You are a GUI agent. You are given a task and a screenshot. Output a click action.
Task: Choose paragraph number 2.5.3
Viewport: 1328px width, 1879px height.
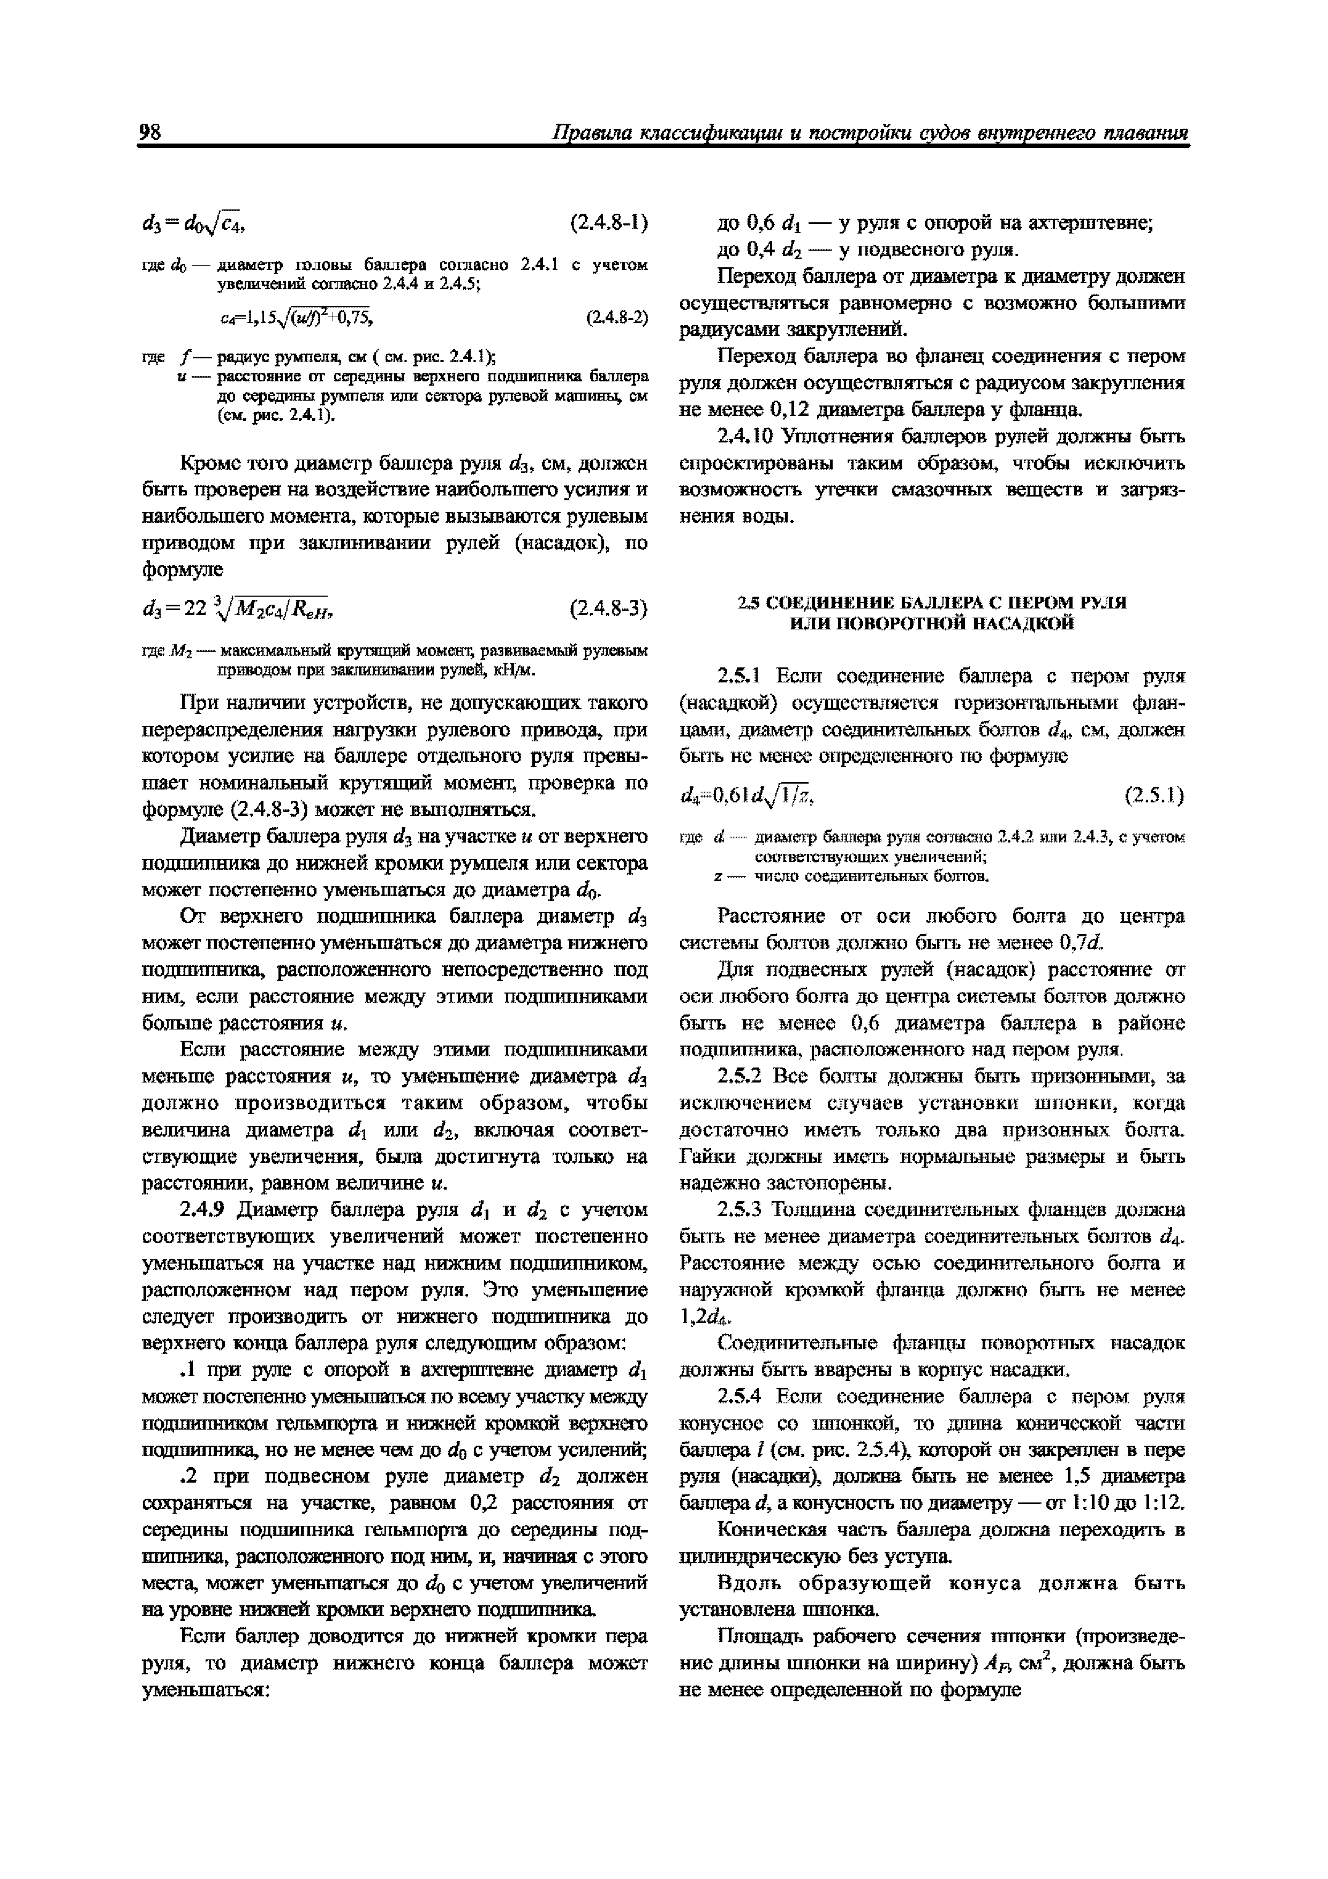[741, 1209]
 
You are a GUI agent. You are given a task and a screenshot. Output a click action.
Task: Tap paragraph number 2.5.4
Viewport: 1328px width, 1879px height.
[741, 1396]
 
